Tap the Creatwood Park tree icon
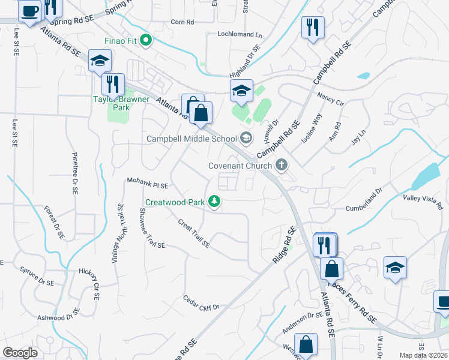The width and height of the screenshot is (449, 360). click(x=213, y=202)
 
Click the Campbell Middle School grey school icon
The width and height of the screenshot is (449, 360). click(x=246, y=139)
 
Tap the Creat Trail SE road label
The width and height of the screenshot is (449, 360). click(x=193, y=232)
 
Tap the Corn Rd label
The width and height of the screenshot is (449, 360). click(x=182, y=22)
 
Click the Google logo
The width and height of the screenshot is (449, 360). click(x=20, y=352)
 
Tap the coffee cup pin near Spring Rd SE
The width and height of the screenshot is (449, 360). click(x=29, y=10)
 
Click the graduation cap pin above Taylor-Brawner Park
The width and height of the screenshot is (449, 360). click(x=100, y=61)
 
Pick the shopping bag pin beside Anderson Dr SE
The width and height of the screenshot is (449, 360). click(x=306, y=345)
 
